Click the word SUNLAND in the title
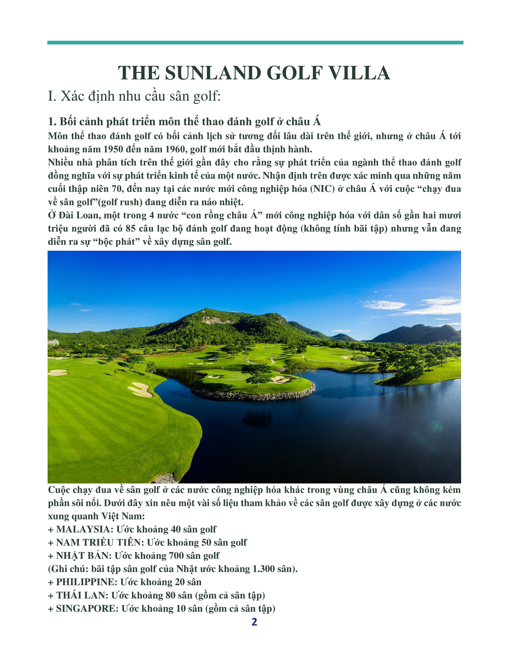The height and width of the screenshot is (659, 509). point(213,73)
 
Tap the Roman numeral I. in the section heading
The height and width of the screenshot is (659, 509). point(52,96)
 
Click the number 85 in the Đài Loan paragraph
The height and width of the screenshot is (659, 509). point(130,229)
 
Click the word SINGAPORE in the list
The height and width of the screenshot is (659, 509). point(87,608)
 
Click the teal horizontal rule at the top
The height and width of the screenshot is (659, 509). point(255,43)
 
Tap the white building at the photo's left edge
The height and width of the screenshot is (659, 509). point(53,342)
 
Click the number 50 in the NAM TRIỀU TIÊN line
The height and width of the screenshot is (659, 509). point(206,542)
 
